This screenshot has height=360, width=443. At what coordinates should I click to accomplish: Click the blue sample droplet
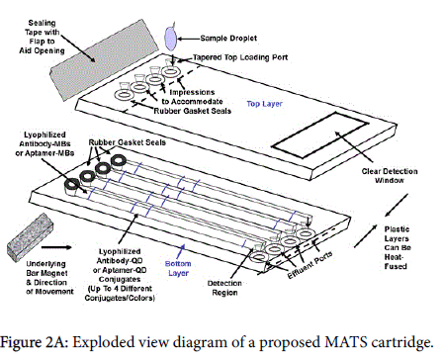(171, 39)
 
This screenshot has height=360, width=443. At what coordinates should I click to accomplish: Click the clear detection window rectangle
(319, 135)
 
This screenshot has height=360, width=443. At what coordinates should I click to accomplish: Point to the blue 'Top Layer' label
(265, 104)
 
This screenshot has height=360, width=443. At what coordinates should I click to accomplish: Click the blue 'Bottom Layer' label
(178, 268)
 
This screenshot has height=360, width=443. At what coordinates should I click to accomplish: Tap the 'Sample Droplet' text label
(228, 39)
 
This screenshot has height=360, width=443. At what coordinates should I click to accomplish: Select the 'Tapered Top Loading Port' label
(240, 57)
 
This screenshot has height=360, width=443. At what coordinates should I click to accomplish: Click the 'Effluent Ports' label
(310, 265)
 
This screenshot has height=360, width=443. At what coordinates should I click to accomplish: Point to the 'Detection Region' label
(224, 288)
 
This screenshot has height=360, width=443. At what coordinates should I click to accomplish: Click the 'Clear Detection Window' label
(390, 176)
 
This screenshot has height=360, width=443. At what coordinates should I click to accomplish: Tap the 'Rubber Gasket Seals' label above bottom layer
(128, 142)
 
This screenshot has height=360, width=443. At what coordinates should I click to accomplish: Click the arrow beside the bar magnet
(56, 247)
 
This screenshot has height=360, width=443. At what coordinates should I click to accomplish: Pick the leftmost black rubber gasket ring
(71, 185)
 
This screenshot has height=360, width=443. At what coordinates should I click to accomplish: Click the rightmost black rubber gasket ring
(119, 160)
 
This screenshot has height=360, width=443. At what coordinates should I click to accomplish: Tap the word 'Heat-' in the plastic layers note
(394, 257)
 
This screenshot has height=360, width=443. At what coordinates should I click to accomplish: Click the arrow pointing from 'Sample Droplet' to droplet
(189, 39)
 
